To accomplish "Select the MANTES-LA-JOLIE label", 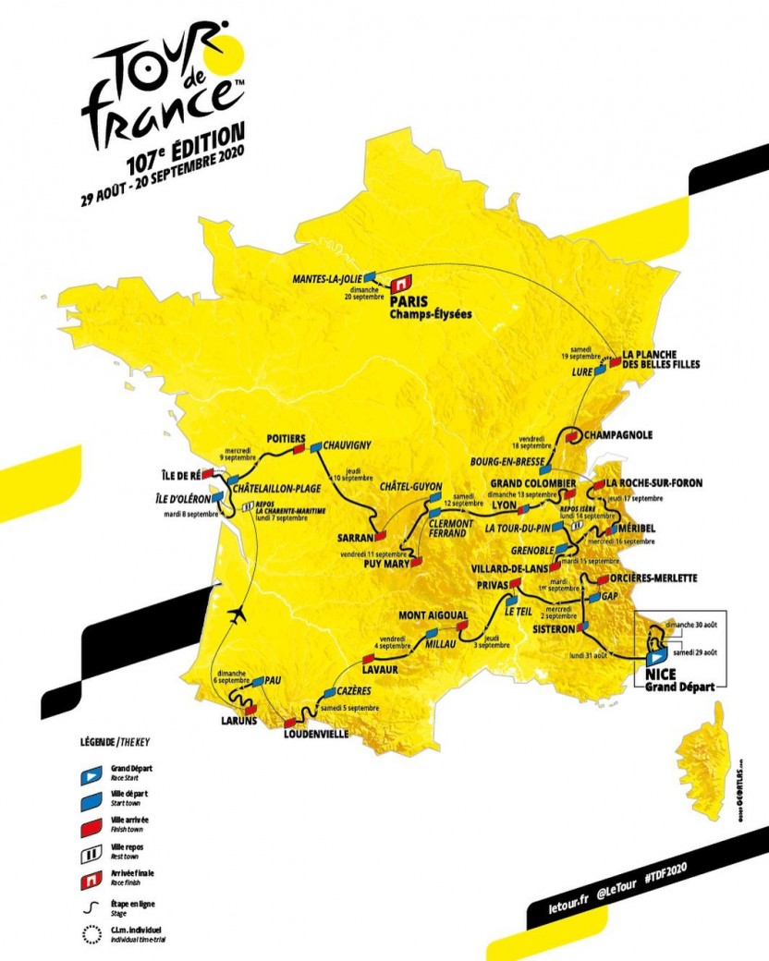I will click(325, 276).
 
